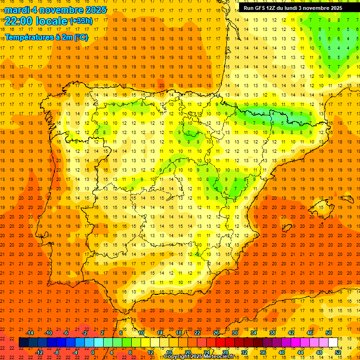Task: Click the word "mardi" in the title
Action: tap(17, 10)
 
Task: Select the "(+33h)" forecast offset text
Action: tap(81, 21)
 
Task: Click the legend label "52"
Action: tap(338, 352)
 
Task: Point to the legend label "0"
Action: tap(92, 352)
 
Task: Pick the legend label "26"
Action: tap(216, 333)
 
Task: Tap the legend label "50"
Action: tap(329, 333)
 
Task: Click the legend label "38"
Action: tap(272, 333)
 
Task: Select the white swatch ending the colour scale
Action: tap(333, 343)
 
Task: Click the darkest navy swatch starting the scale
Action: tap(23, 343)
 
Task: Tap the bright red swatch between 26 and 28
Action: tap(220, 343)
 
